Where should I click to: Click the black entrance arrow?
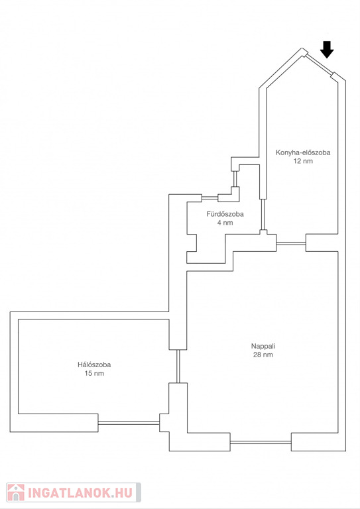tap(327, 50)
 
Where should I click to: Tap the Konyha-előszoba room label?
tap(303, 152)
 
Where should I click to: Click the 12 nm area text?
tap(303, 161)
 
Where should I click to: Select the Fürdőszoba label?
tap(225, 214)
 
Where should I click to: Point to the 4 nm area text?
tap(225, 223)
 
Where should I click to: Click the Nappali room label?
tap(263, 346)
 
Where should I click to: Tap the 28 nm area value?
tap(263, 355)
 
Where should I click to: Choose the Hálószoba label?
tap(94, 365)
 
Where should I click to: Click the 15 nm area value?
tap(94, 373)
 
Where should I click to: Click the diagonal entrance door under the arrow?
tap(320, 64)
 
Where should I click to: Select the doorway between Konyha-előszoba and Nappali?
tap(291, 243)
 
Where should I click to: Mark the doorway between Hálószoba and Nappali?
tap(178, 366)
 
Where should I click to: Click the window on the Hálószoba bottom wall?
tap(129, 423)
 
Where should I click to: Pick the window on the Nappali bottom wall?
tap(261, 442)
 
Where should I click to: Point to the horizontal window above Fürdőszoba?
tap(210, 198)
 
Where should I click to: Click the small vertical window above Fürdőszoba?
tap(235, 179)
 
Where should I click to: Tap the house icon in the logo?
tap(16, 492)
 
